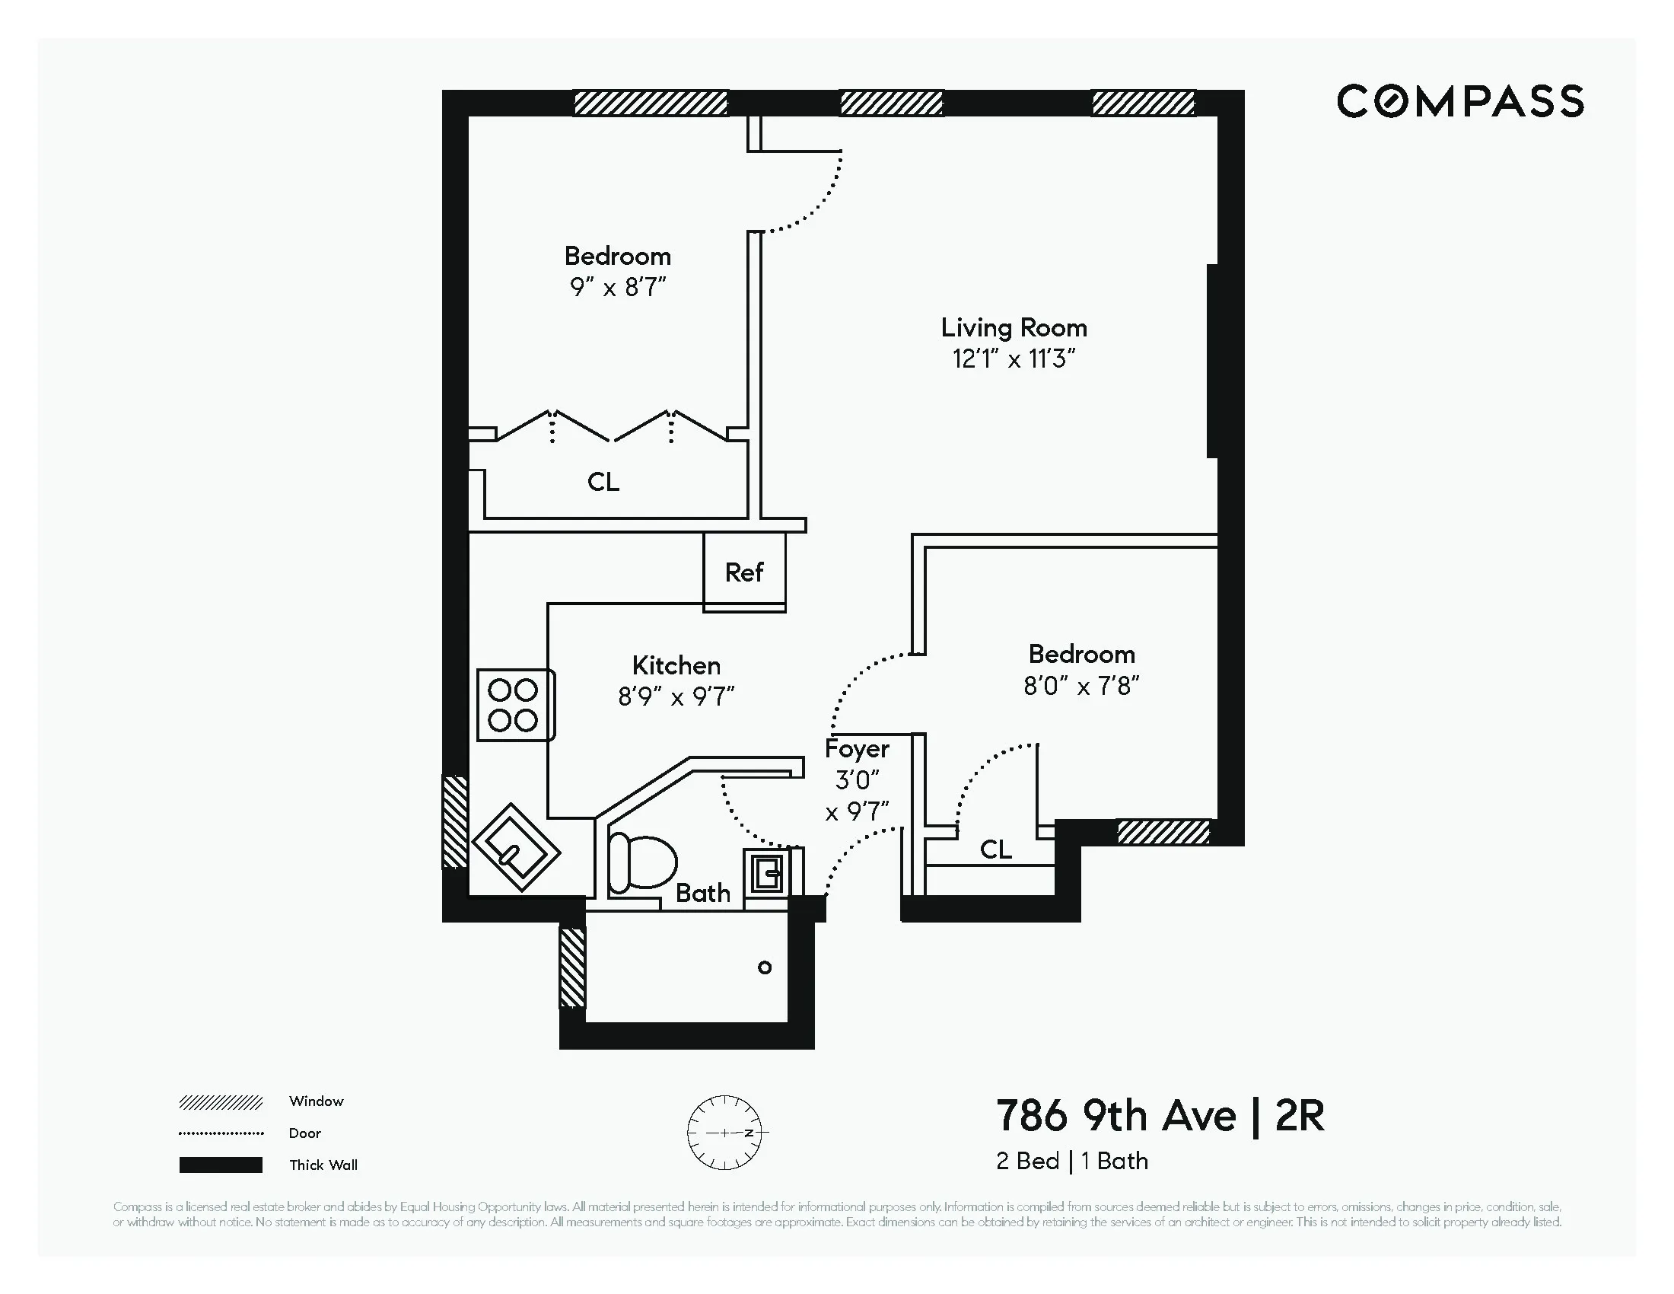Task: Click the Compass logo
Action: click(1459, 101)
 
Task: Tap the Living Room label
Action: click(1014, 328)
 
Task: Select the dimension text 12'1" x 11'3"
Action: click(1014, 359)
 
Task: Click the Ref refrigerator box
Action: click(744, 572)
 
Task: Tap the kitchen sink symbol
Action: click(517, 847)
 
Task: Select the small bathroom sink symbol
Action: click(766, 872)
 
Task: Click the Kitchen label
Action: click(676, 665)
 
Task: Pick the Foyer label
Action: click(857, 748)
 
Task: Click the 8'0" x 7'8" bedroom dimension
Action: click(1080, 686)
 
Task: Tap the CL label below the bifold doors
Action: click(603, 482)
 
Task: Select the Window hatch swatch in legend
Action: click(221, 1102)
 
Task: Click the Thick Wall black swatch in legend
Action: click(221, 1165)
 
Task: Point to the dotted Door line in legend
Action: click(221, 1133)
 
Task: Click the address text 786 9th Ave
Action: click(1115, 1116)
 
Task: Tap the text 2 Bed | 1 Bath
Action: click(1071, 1162)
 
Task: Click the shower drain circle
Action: click(764, 967)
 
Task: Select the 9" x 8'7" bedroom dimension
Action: click(618, 288)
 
